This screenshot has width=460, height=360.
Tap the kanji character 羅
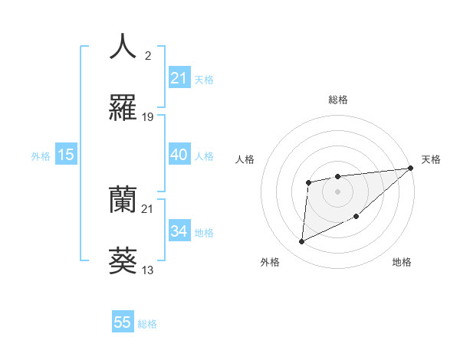[x=123, y=108]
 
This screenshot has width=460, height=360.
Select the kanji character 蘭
[x=123, y=200]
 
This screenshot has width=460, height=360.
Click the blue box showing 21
[x=179, y=78]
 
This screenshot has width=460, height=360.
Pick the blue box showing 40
[x=179, y=155]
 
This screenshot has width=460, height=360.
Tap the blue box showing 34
[x=179, y=231]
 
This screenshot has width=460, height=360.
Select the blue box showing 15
[x=66, y=155]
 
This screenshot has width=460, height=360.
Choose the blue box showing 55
[x=123, y=322]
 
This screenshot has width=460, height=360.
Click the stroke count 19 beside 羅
[x=148, y=117]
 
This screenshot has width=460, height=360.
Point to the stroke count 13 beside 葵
[x=148, y=270]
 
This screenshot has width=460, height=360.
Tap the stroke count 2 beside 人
[x=148, y=55]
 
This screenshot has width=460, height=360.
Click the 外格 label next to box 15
[x=41, y=155]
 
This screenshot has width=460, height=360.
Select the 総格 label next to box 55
[x=147, y=324]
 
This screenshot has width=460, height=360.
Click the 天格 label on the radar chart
[x=432, y=159]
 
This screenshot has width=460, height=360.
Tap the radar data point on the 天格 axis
[x=412, y=168]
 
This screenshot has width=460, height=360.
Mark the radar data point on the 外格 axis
[x=301, y=242]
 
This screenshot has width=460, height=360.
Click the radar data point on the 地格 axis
[x=356, y=216]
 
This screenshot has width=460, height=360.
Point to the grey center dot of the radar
[x=337, y=191]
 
